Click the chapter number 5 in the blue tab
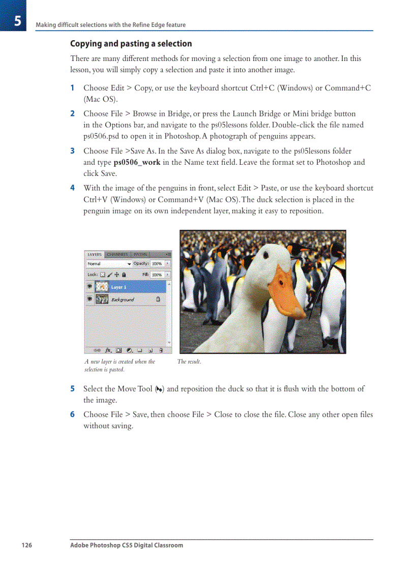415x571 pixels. point(17,21)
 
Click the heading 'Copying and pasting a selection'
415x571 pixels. point(131,44)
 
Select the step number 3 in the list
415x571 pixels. point(72,151)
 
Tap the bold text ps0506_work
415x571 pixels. point(137,163)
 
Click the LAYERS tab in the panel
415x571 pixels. point(95,254)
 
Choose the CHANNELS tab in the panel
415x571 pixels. point(117,254)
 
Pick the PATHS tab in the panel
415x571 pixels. point(140,254)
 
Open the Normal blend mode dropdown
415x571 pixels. point(109,264)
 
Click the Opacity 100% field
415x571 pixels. point(157,264)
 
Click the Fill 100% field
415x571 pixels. point(157,275)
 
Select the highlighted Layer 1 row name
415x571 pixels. point(118,287)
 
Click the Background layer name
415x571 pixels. point(123,300)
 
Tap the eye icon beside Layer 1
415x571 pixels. point(90,287)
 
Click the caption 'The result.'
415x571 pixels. point(189,362)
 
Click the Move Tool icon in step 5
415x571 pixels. point(159,389)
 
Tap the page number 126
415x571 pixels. point(26,546)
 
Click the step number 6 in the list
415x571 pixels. point(72,414)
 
